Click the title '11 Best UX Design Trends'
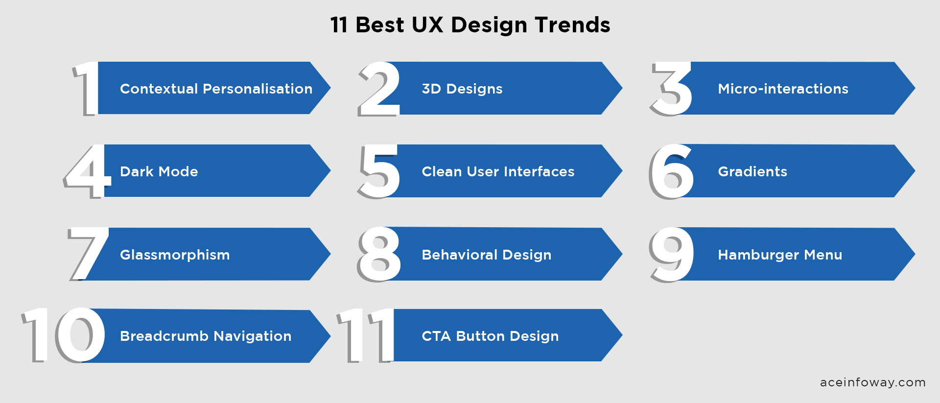click(x=470, y=25)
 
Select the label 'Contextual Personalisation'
click(x=216, y=89)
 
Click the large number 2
click(x=379, y=89)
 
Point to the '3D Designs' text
click(x=462, y=89)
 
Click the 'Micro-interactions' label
click(x=783, y=89)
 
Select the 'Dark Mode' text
click(x=159, y=171)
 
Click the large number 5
click(x=379, y=171)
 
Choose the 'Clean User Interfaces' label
click(x=498, y=171)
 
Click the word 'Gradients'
click(x=752, y=171)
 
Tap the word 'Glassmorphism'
click(x=175, y=255)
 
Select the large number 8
click(x=379, y=254)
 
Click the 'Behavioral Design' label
click(x=486, y=255)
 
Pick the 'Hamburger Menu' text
click(x=780, y=255)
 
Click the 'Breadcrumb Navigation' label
click(x=206, y=336)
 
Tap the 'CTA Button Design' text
click(x=490, y=336)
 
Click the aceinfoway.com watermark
click(x=872, y=382)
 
